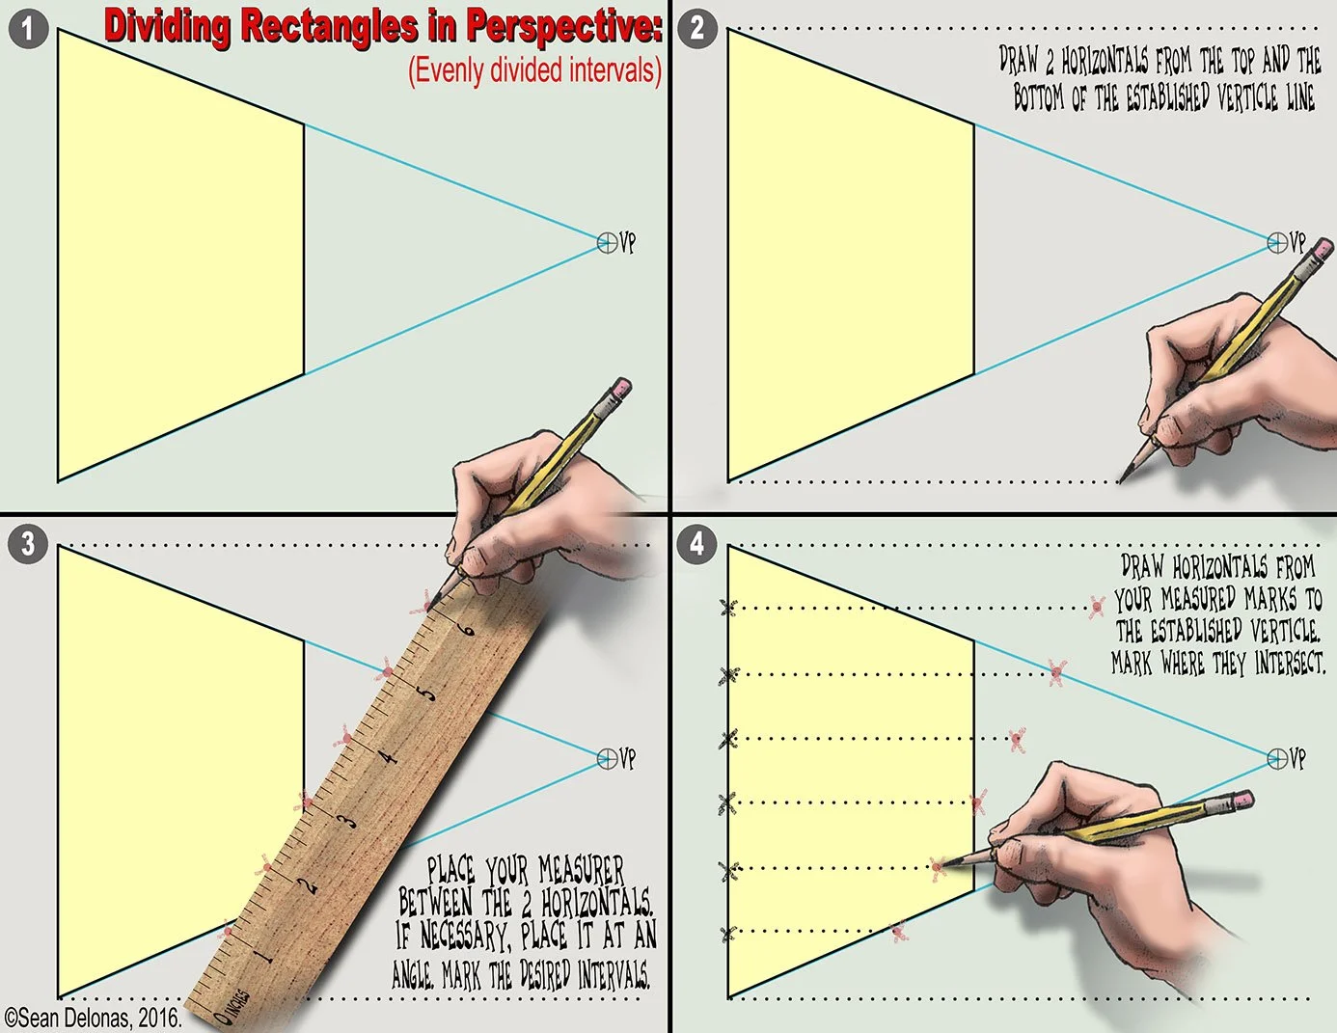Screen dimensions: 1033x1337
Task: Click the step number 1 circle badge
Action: point(27,28)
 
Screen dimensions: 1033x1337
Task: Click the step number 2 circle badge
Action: point(697,28)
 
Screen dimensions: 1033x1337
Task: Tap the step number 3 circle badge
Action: point(27,544)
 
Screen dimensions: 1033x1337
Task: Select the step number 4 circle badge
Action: point(697,545)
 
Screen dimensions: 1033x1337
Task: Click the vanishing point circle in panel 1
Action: point(607,242)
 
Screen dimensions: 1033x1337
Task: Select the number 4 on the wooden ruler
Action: point(388,756)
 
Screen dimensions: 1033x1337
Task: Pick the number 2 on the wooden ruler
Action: point(308,883)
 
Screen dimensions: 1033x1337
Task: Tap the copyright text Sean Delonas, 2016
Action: point(93,1018)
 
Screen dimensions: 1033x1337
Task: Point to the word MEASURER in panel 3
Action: point(581,870)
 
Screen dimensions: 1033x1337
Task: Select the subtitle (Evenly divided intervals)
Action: point(534,69)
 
